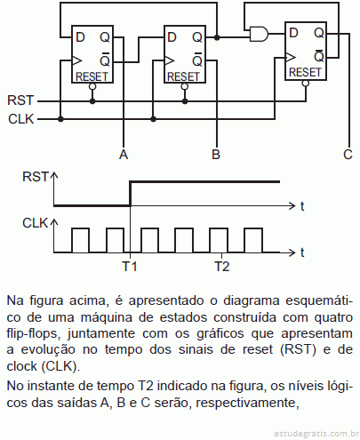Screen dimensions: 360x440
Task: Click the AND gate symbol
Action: [259, 34]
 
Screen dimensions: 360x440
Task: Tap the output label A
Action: [124, 155]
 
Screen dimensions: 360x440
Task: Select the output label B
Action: [216, 155]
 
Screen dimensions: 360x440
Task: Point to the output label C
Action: [348, 155]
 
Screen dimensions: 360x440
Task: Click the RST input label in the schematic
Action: [20, 100]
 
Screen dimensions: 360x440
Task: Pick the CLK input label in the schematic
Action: [21, 119]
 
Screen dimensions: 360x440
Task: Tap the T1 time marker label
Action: [130, 266]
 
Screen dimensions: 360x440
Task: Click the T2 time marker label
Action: [222, 266]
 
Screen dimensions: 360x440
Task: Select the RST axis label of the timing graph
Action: [35, 177]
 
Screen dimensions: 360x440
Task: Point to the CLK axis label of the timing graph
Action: [35, 223]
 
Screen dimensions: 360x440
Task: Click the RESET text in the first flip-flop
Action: [92, 76]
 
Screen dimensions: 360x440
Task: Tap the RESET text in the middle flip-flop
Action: [184, 76]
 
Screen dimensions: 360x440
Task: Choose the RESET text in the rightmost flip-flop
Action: [305, 72]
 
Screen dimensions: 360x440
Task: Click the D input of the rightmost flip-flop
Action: [293, 33]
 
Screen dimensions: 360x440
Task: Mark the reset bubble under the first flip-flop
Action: [92, 86]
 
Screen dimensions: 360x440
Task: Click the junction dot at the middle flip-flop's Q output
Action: [217, 37]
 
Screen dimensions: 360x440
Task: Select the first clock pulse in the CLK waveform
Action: [80, 240]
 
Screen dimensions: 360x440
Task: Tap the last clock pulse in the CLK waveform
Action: [253, 240]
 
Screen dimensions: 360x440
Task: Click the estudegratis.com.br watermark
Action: [316, 434]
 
